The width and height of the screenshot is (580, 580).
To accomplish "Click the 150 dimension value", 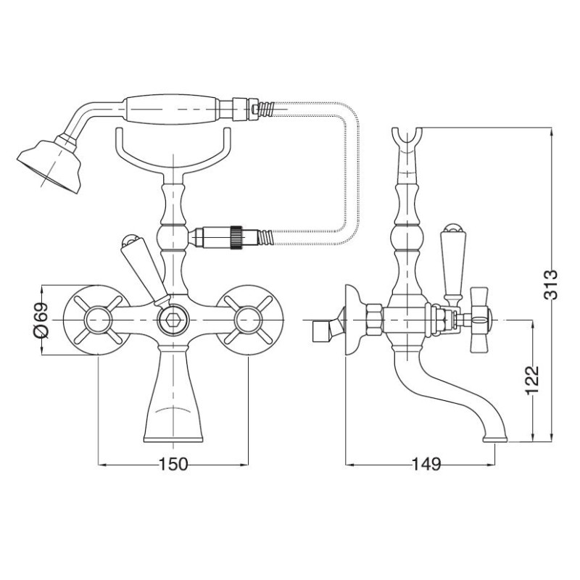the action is click(173, 464).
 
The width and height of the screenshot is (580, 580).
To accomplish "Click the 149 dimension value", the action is click(426, 464).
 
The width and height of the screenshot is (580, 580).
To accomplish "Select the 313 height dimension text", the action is click(550, 284).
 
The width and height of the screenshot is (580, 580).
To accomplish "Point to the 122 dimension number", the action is click(532, 380).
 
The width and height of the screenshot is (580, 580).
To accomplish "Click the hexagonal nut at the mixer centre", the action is click(173, 320).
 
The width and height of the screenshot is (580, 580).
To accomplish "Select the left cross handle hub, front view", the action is click(98, 320).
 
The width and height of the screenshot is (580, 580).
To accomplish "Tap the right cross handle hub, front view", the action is click(248, 320).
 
